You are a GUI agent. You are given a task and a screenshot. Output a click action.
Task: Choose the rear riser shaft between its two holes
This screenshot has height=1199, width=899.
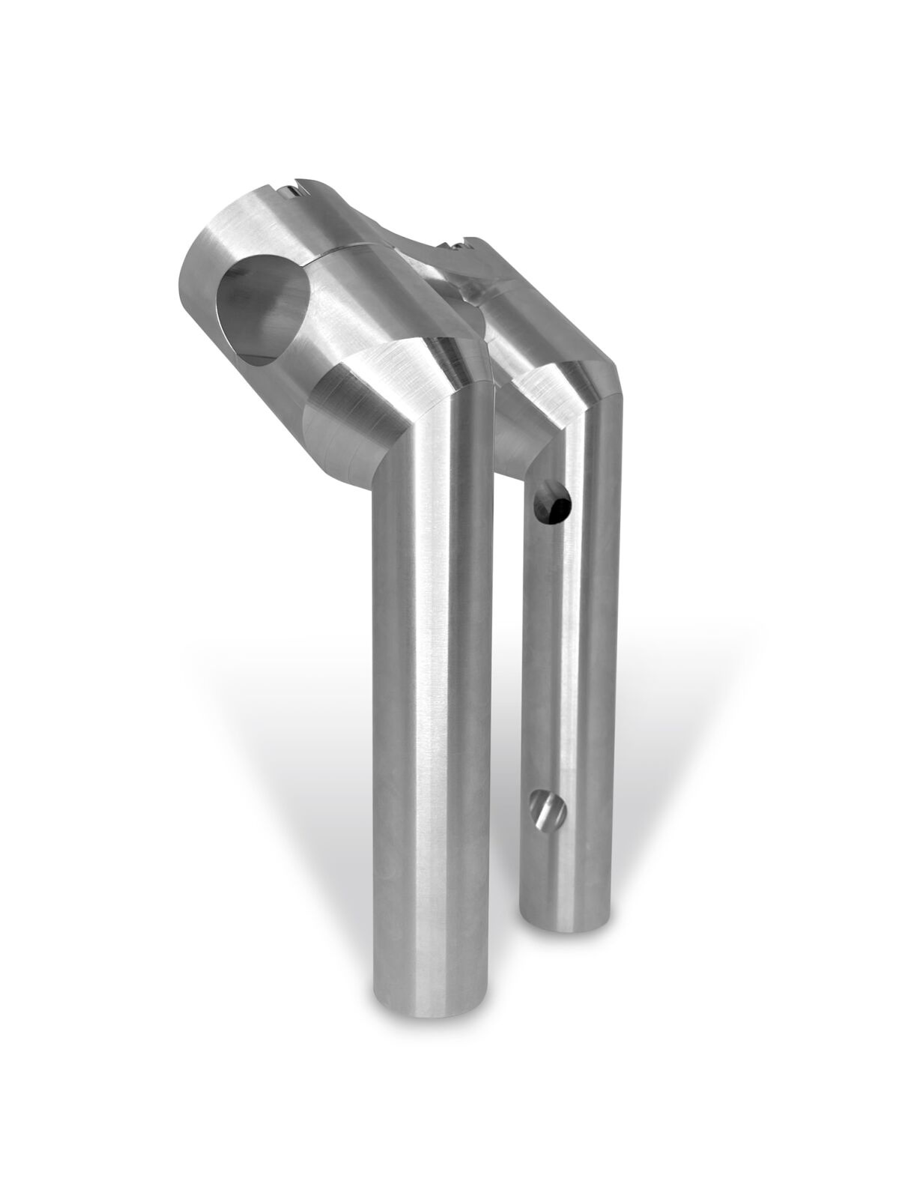[558, 659]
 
